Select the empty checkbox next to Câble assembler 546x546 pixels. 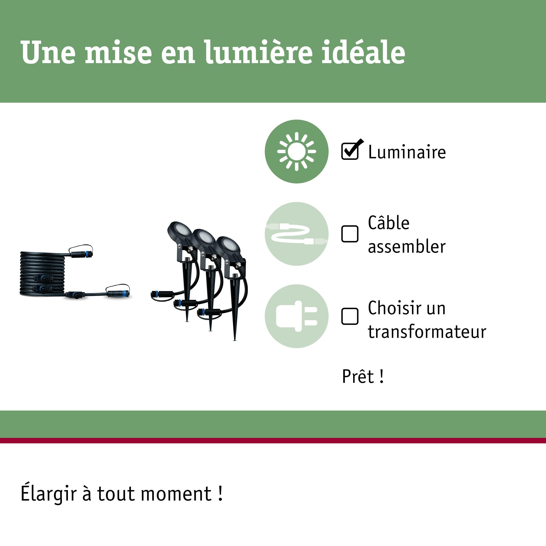[350, 234]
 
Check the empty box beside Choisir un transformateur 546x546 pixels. [350, 316]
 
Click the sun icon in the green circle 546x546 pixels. [296, 152]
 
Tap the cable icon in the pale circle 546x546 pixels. [296, 234]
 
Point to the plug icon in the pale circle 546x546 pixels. [296, 316]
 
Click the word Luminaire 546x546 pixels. [407, 152]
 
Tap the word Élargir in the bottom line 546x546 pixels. [49, 494]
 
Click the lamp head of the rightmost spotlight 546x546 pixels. [228, 245]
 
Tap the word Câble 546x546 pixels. [389, 223]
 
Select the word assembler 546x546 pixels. [407, 246]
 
